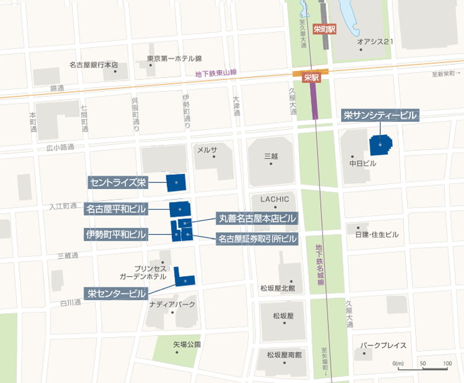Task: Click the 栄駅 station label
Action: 311,77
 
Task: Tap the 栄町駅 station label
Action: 324,30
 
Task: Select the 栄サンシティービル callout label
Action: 380,115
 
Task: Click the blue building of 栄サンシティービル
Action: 380,145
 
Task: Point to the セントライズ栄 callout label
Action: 118,183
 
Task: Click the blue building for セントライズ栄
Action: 176,183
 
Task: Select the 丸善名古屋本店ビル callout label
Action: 257,218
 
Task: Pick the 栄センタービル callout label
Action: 116,293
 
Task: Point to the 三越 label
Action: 271,156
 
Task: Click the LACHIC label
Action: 274,199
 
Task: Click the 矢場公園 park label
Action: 187,344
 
